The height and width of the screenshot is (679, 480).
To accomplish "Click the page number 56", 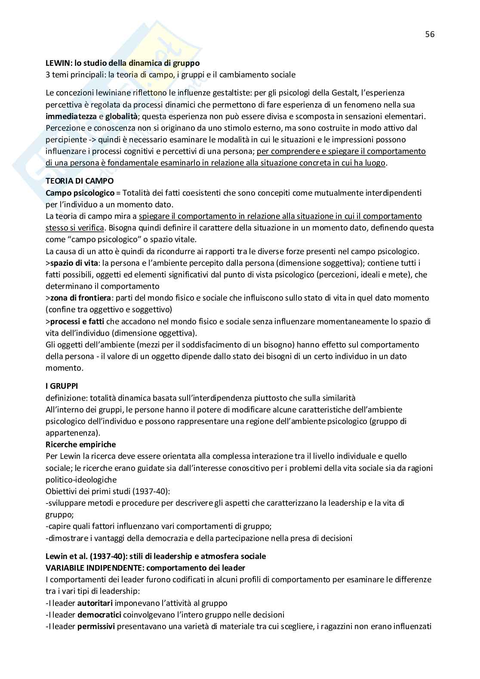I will [430, 34].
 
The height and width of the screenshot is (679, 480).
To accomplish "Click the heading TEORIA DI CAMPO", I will [79, 181].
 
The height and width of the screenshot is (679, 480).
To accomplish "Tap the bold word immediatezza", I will [71, 116].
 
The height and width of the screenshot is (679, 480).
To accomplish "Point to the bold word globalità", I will [122, 116].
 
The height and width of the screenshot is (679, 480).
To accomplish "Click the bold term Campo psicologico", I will [80, 193].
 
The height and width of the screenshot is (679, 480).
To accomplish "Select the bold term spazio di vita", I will [74, 263].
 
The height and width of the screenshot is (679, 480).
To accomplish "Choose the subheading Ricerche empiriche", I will [80, 444].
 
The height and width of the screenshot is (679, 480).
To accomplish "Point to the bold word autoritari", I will [94, 603].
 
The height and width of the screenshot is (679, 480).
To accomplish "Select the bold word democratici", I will [98, 614].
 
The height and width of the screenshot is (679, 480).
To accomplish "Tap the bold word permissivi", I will [96, 626].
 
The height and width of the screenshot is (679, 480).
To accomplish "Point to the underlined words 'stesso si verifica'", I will [75, 227].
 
